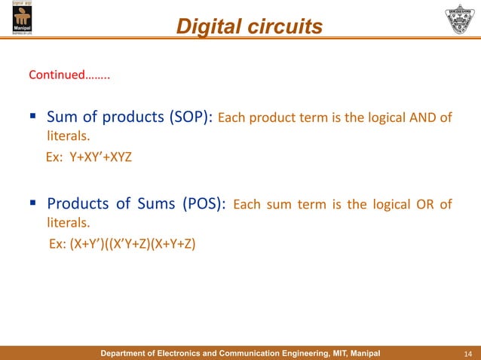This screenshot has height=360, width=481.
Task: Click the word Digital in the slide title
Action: [208, 27]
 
